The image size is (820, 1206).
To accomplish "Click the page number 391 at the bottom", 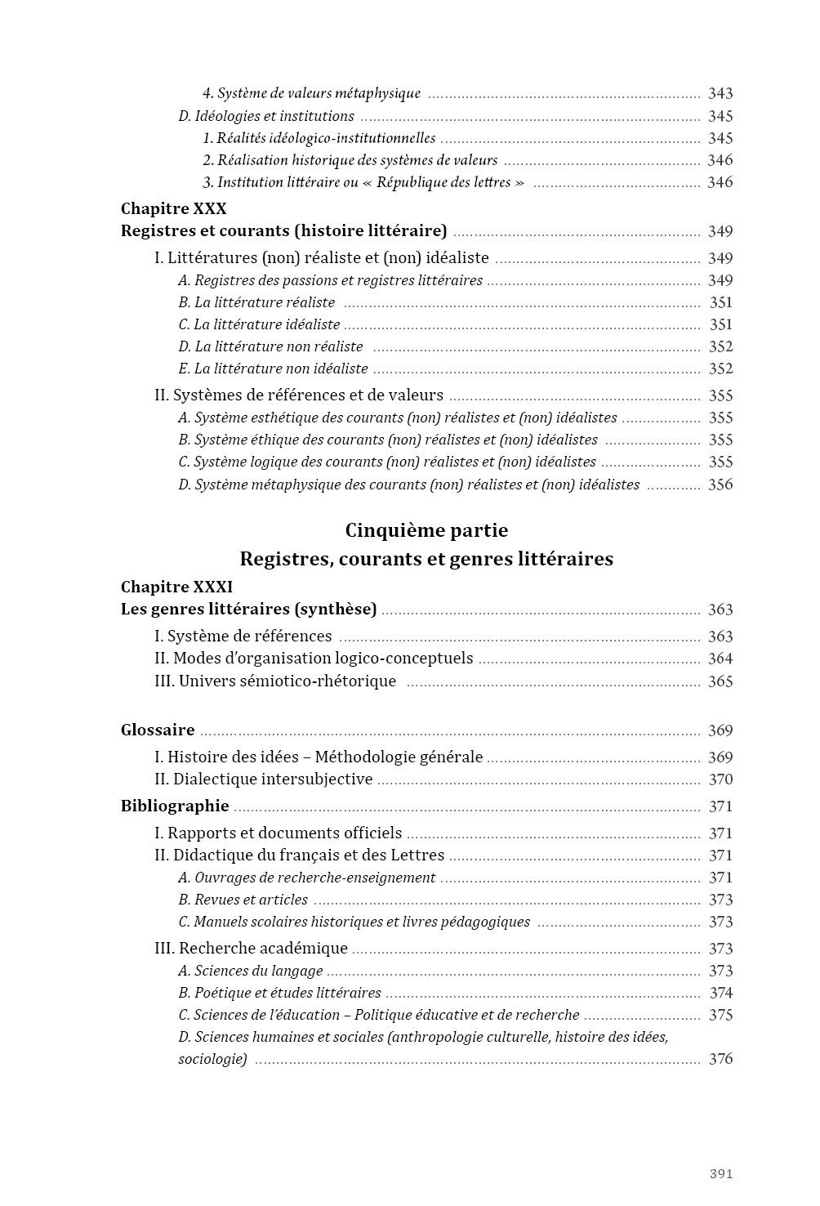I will click(720, 1173).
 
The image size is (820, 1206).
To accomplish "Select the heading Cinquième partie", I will click(426, 530).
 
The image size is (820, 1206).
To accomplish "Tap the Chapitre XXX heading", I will click(174, 209).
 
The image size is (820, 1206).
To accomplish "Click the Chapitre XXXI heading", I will click(177, 587).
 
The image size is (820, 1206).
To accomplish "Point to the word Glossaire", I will click(158, 730).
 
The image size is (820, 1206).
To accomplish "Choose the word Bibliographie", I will click(175, 806).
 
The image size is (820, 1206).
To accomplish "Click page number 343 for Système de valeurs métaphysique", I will click(720, 94).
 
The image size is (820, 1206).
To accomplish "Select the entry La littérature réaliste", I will click(256, 302).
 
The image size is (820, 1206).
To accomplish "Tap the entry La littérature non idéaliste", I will click(273, 368).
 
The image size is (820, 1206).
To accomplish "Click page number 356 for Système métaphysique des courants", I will click(720, 485).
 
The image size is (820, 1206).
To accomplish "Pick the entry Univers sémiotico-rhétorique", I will click(275, 681).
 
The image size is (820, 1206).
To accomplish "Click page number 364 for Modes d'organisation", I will click(720, 659).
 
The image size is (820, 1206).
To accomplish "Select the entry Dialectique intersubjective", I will click(264, 779).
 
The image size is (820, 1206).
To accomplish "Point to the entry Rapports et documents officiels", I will click(278, 833).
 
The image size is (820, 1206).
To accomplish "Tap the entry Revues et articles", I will click(243, 900).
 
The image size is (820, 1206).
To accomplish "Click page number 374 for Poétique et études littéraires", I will click(720, 993).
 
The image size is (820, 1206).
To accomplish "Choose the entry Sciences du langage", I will click(250, 971).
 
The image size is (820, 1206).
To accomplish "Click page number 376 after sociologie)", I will click(720, 1059).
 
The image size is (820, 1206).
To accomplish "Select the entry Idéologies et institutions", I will click(266, 116).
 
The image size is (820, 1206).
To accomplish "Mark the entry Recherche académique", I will click(251, 948).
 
